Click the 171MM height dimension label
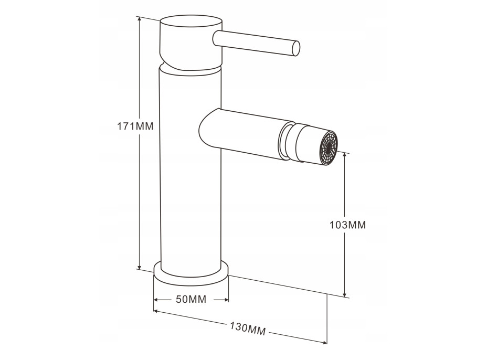135,126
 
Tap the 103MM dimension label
348,225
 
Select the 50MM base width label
191,300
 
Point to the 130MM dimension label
248,329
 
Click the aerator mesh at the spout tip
329,147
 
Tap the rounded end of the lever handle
297,49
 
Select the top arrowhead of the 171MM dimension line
140,20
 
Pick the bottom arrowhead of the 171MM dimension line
140,266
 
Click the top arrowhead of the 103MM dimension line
344,155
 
